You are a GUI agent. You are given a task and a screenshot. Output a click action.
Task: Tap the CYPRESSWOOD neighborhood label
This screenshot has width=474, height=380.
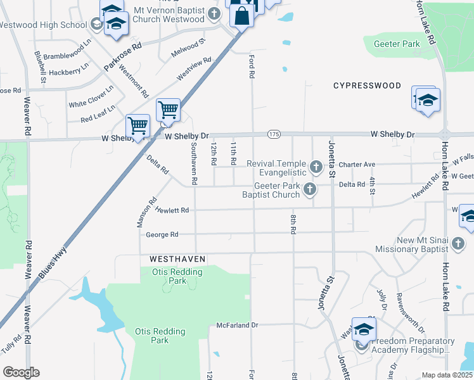(x=367, y=85)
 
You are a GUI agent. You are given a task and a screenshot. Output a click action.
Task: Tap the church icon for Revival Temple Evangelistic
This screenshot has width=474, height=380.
(x=316, y=168)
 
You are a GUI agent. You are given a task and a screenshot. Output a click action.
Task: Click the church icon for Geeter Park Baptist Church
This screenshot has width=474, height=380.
(x=309, y=189)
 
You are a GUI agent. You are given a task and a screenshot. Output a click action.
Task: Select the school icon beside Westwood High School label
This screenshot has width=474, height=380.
(x=96, y=25)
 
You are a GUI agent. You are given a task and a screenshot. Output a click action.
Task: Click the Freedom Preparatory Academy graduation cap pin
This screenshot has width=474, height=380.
(x=364, y=329)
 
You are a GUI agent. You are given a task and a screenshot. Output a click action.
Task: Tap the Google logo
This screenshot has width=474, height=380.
(x=21, y=372)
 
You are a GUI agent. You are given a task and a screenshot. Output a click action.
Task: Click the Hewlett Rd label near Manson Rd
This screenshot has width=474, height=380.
(x=172, y=210)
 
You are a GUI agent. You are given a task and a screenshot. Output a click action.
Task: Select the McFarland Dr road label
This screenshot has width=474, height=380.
(x=238, y=325)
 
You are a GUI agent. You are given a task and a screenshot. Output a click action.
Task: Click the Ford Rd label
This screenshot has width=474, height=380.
(x=252, y=66)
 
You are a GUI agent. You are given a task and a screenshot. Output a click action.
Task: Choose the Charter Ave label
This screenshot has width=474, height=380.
(x=357, y=164)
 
